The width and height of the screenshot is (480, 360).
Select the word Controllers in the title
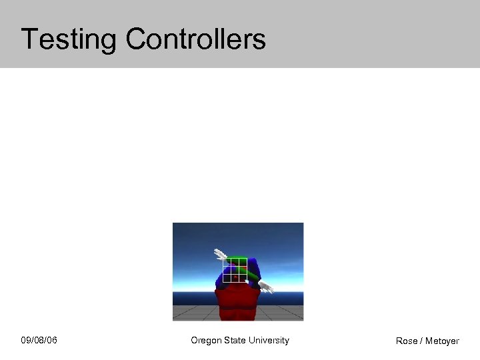195,39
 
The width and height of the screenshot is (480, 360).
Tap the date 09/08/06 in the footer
39,341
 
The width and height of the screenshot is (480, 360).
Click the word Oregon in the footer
206,341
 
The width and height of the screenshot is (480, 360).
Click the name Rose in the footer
407,341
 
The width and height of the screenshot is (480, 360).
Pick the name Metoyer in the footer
442,341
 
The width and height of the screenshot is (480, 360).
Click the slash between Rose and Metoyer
421,341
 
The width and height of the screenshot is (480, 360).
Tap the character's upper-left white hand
219,254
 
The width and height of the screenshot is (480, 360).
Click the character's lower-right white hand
266,288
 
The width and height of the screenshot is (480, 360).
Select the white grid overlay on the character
235,270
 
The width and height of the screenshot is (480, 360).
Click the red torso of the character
237,304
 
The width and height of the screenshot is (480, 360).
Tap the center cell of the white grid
235,270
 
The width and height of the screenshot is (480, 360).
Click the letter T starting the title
28,39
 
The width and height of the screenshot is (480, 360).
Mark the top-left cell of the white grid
227,262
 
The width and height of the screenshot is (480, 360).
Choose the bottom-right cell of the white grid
243,278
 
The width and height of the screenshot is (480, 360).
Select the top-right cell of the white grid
243,262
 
